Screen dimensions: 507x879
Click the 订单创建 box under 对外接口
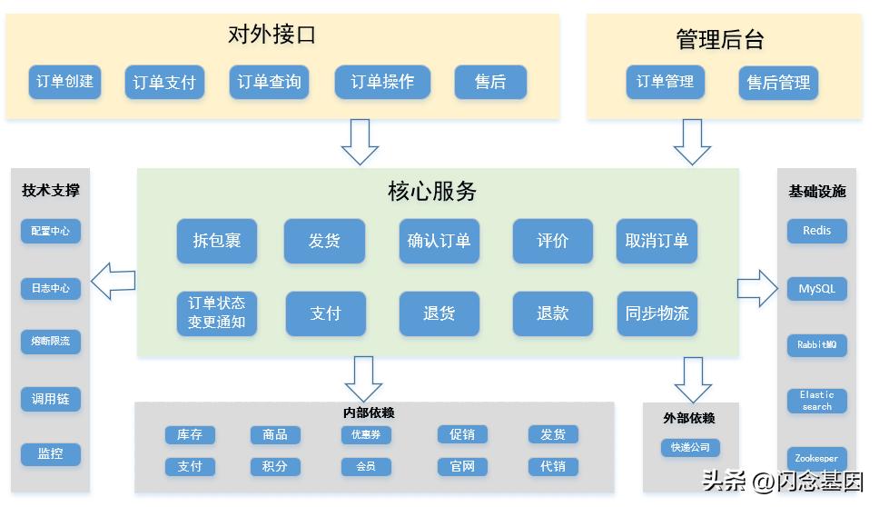pos(64,82)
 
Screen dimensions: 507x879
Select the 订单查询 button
pos(269,82)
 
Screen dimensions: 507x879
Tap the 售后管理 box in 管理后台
pos(778,83)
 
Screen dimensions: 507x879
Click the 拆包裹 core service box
pos(217,241)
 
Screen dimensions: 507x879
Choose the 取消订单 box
pos(657,241)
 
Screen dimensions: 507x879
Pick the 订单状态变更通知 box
pos(217,313)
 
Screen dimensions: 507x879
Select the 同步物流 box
pos(657,313)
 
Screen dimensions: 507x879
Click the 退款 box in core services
pos(552,313)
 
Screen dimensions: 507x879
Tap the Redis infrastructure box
pos(816,231)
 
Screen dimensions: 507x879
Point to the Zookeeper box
pos(816,458)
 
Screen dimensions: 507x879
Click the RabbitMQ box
pos(816,345)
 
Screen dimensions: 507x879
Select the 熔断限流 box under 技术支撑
pos(51,342)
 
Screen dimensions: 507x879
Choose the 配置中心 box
pos(51,231)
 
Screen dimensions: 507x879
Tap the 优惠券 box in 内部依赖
pos(366,434)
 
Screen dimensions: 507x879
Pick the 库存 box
pos(190,434)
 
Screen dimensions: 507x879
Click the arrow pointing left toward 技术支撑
pos(114,281)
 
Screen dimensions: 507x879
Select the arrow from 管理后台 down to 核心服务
pos(692,141)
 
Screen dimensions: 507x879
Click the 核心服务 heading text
pos(432,191)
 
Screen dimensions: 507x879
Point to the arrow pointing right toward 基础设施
pos(757,288)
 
